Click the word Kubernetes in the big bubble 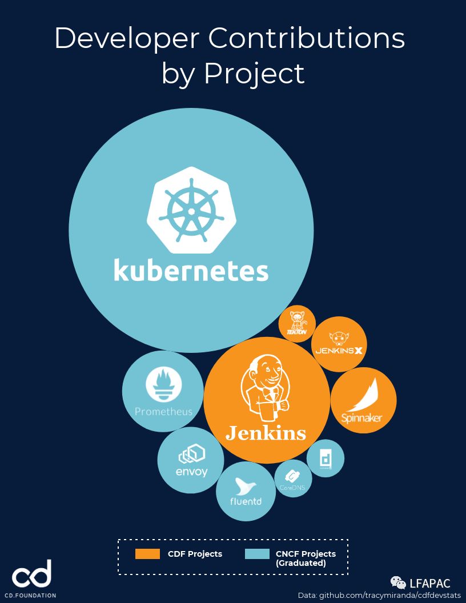click(x=191, y=270)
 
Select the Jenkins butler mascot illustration click(x=265, y=388)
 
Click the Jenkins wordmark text click(x=266, y=433)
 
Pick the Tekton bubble click(x=297, y=324)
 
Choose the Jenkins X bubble click(x=339, y=344)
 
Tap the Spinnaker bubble click(x=363, y=400)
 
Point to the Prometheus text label click(x=163, y=411)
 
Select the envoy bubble click(x=191, y=460)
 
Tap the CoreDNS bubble click(x=293, y=479)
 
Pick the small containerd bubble click(x=326, y=458)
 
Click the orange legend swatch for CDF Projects click(x=147, y=554)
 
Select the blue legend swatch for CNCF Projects click(x=257, y=554)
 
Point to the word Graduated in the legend click(x=301, y=563)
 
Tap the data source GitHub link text click(x=379, y=595)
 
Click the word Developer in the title click(x=127, y=38)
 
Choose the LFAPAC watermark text click(x=430, y=583)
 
